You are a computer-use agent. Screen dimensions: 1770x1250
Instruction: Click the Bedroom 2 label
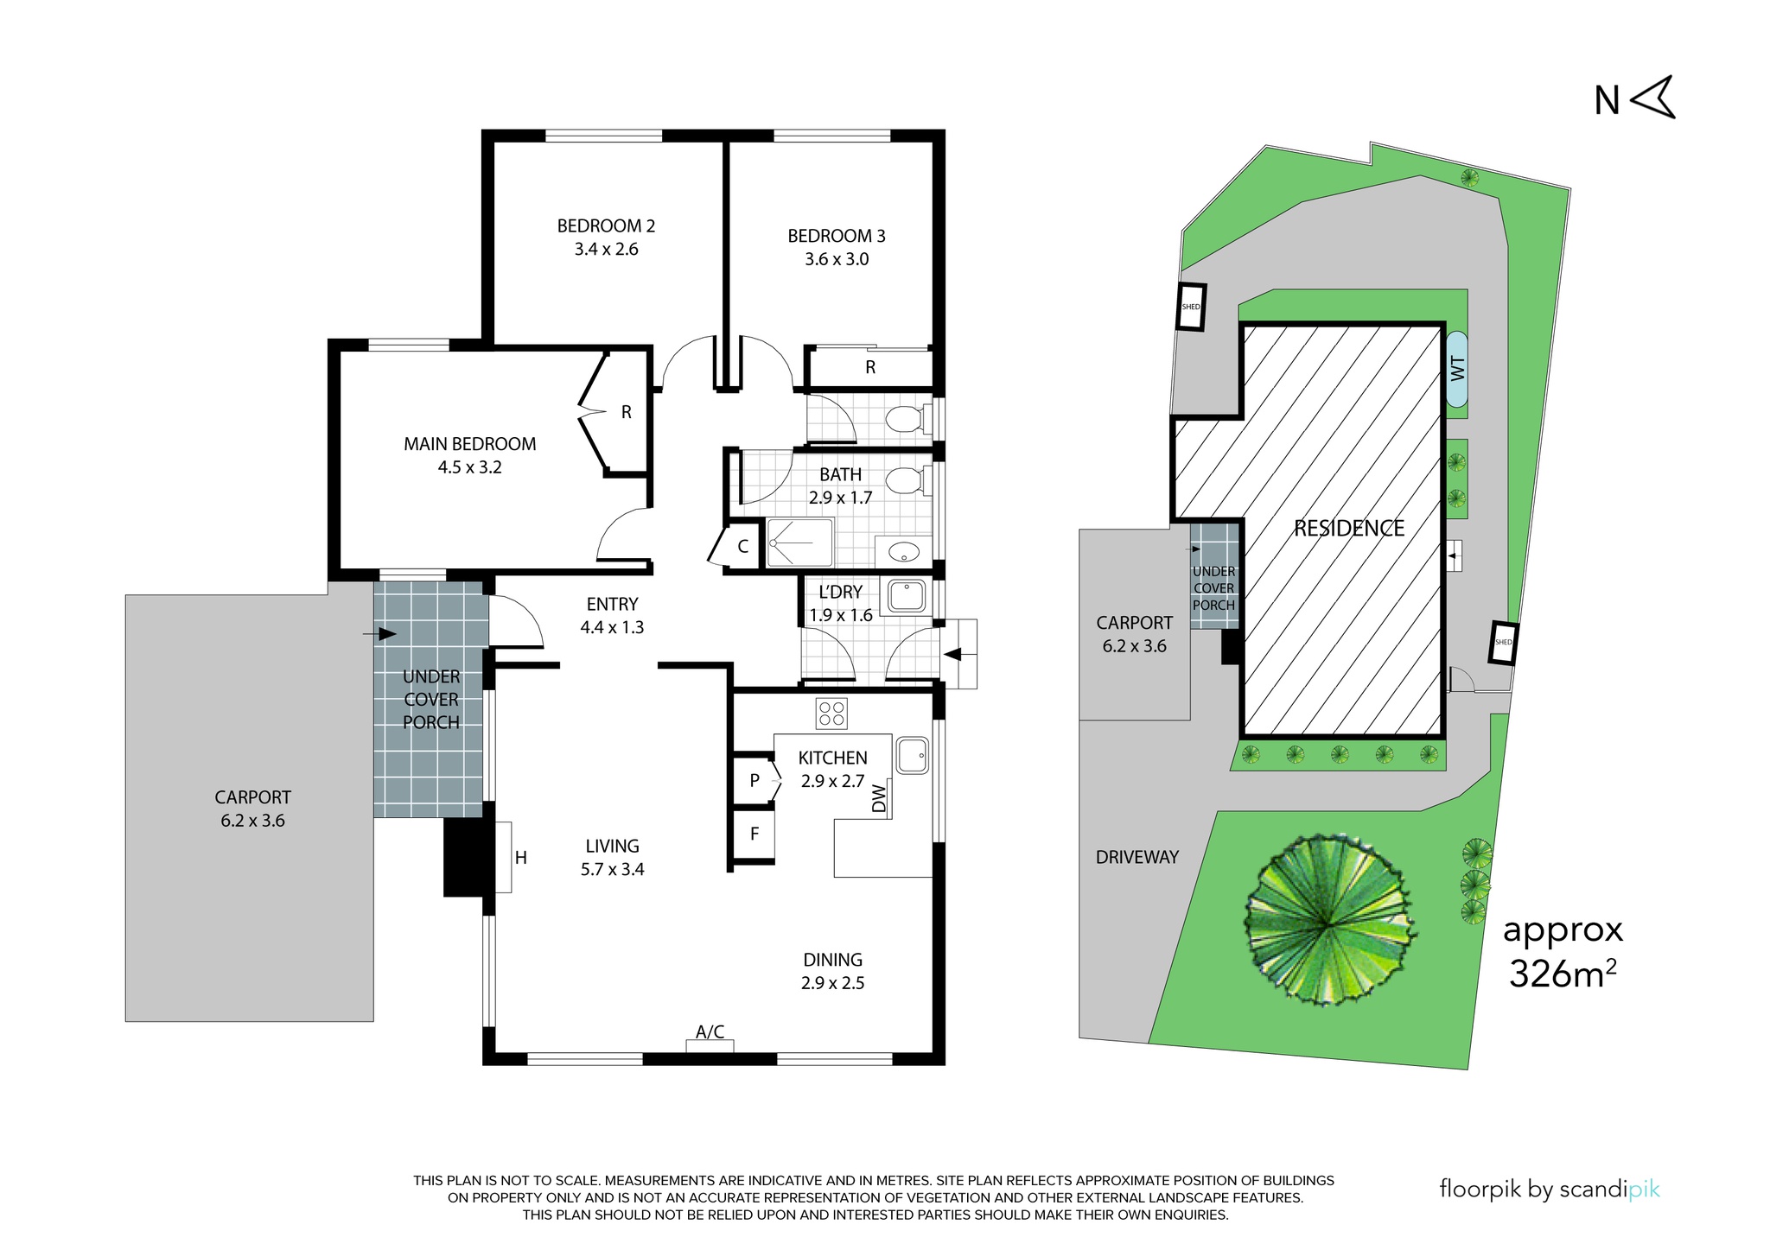[x=606, y=226]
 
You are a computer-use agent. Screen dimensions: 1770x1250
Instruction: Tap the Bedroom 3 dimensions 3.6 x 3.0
[x=837, y=259]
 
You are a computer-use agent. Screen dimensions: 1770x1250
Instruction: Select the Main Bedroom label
[x=469, y=444]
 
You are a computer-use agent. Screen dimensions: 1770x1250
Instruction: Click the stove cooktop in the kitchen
[x=831, y=714]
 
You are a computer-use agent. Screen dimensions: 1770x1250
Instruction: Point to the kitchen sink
[x=912, y=755]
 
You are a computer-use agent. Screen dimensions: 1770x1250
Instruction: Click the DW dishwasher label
[x=880, y=798]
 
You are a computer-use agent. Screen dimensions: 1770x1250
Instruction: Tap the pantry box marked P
[x=754, y=781]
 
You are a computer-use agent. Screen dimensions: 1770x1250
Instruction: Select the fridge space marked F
[x=754, y=834]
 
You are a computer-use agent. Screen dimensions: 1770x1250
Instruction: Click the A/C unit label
[x=710, y=1031]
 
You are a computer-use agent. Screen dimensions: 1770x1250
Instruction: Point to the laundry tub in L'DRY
[x=907, y=596]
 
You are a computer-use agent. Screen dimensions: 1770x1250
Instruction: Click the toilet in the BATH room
[x=908, y=481]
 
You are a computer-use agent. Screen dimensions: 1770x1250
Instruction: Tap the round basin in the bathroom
[x=904, y=552]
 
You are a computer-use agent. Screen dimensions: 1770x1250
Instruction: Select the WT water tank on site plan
[x=1457, y=369]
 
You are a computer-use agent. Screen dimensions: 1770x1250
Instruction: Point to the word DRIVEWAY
[x=1137, y=857]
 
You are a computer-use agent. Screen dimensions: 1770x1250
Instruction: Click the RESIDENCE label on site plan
[x=1349, y=529]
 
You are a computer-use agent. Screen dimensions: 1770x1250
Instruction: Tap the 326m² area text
[x=1563, y=974]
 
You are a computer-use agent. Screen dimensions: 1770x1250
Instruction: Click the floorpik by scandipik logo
[x=1550, y=1190]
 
